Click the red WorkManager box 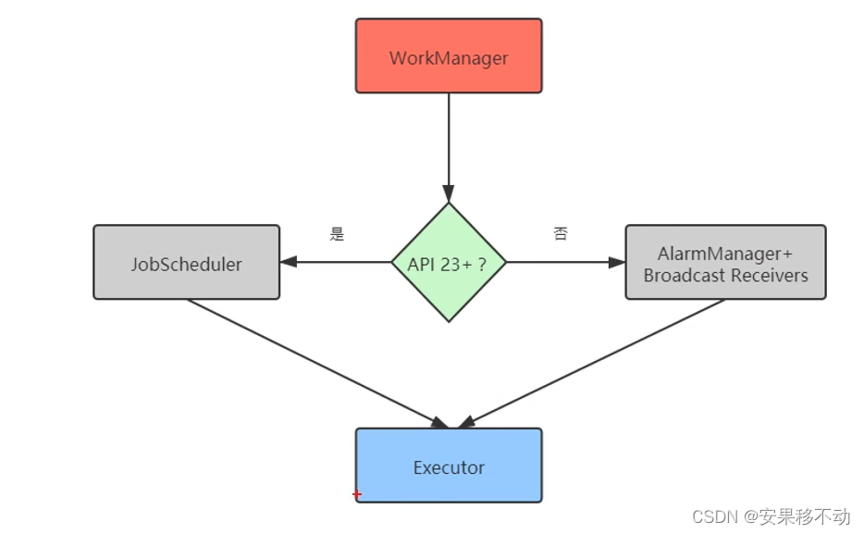point(449,56)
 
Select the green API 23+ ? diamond point(449,263)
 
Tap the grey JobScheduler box point(186,263)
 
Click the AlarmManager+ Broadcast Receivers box point(725,263)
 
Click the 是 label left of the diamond point(337,234)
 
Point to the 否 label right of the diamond point(561,234)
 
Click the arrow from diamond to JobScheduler point(338,262)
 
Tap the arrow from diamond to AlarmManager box point(564,262)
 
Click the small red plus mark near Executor point(357,495)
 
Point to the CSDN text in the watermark point(712,515)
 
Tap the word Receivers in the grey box point(767,276)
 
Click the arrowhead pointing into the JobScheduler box point(289,262)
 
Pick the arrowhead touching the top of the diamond point(449,195)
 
